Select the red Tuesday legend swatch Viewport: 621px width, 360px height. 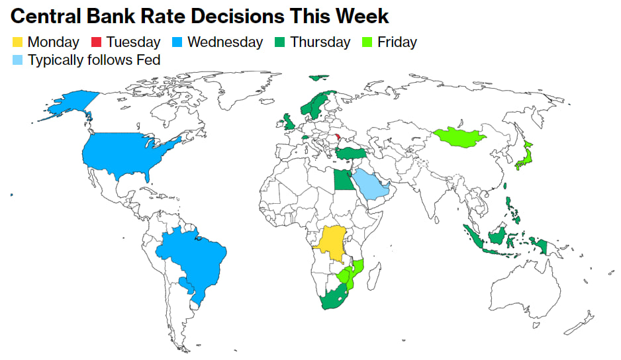click(x=97, y=42)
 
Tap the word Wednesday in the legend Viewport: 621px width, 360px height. click(x=225, y=42)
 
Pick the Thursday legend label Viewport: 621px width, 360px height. click(x=320, y=42)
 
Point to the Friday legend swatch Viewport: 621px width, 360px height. click(x=369, y=42)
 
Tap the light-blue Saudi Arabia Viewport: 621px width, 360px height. click(x=370, y=184)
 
